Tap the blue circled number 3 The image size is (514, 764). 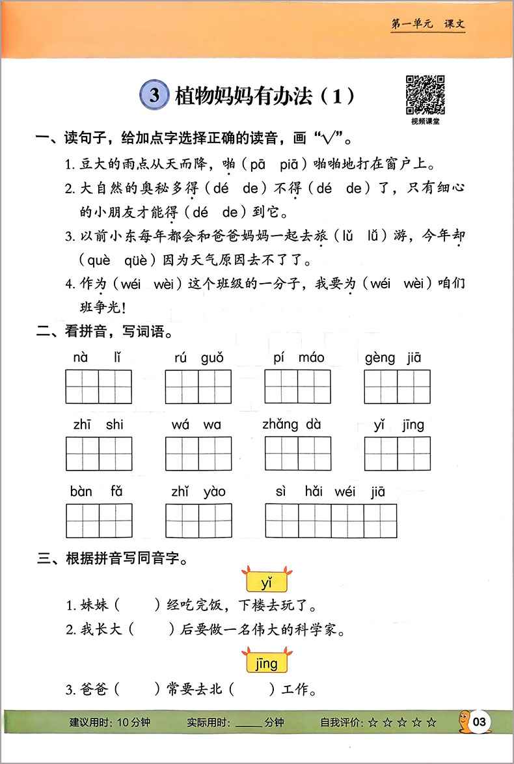click(154, 96)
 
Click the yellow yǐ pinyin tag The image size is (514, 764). click(266, 580)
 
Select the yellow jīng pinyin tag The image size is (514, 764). click(266, 664)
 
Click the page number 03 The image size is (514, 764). click(480, 722)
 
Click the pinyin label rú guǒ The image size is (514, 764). click(198, 357)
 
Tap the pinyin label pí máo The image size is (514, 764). click(299, 357)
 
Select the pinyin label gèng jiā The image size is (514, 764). click(396, 357)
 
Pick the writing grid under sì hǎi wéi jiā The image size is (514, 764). click(331, 520)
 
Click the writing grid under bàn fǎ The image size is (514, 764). click(99, 520)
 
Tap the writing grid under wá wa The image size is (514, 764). click(198, 454)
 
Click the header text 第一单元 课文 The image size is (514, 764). click(427, 25)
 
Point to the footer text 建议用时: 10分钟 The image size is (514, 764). click(105, 722)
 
